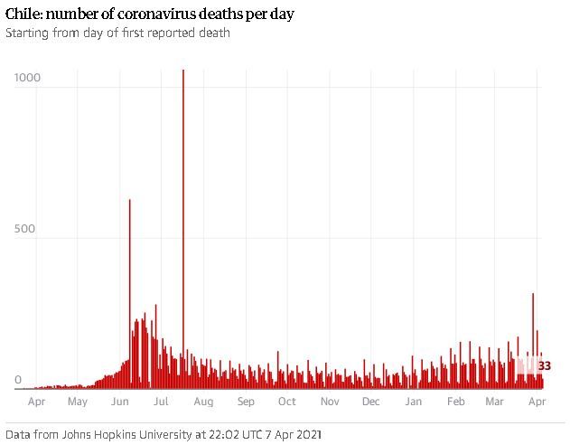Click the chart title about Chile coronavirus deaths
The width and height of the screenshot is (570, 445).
[x=151, y=15]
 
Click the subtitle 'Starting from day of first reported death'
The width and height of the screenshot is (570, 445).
[x=117, y=33]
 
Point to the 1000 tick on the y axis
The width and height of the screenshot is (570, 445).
[x=28, y=78]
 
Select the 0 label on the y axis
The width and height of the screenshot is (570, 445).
[x=17, y=381]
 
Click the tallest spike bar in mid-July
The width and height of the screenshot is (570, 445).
[x=183, y=226]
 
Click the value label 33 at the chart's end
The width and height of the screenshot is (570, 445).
[x=544, y=365]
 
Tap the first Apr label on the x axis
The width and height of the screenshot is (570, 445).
[x=36, y=401]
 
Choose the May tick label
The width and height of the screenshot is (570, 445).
[x=77, y=401]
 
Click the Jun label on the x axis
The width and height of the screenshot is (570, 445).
[x=119, y=401]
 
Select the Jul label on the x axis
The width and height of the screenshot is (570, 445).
[x=161, y=401]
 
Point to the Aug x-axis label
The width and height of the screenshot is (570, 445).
[x=203, y=401]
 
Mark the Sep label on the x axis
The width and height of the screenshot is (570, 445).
[x=246, y=401]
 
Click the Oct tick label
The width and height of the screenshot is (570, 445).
[x=287, y=401]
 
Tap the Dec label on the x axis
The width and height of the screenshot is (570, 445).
[x=370, y=401]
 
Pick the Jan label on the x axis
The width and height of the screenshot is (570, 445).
[x=413, y=401]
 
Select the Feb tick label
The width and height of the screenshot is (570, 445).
[x=455, y=401]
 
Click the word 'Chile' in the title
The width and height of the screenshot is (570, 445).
[x=23, y=15]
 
